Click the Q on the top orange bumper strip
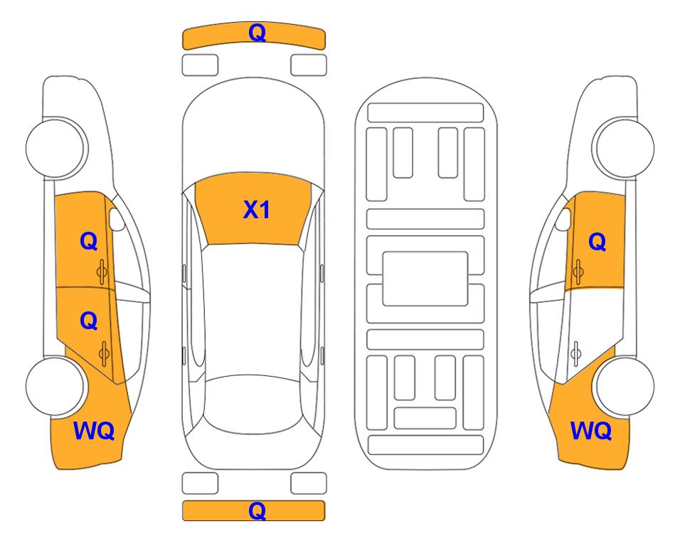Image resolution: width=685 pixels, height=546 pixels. pyautogui.click(x=257, y=33)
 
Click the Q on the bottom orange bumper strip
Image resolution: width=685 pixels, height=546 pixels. pyautogui.click(x=257, y=510)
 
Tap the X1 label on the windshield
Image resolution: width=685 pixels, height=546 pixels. pyautogui.click(x=257, y=210)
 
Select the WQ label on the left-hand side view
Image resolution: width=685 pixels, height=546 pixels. pyautogui.click(x=94, y=431)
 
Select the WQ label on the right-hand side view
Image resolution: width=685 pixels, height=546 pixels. pyautogui.click(x=591, y=431)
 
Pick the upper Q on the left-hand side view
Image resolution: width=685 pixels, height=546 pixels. pyautogui.click(x=89, y=241)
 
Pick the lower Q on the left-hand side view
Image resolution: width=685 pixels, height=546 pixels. pyautogui.click(x=89, y=321)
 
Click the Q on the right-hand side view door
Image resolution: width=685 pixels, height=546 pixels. pyautogui.click(x=598, y=242)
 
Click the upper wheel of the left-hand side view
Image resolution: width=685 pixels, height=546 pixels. pyautogui.click(x=55, y=148)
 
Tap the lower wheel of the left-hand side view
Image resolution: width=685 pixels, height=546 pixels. pyautogui.click(x=55, y=386)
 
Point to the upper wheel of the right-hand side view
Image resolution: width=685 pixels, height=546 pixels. pyautogui.click(x=624, y=148)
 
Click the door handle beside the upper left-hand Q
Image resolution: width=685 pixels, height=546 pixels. pyautogui.click(x=102, y=272)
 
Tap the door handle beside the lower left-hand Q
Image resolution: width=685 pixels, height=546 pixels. pyautogui.click(x=104, y=353)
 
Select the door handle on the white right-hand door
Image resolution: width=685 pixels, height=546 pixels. pyautogui.click(x=576, y=353)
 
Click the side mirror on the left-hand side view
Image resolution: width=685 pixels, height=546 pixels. pyautogui.click(x=116, y=219)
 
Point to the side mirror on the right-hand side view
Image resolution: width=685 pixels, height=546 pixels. pyautogui.click(x=563, y=219)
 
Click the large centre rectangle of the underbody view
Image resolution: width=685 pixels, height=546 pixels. pyautogui.click(x=425, y=279)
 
